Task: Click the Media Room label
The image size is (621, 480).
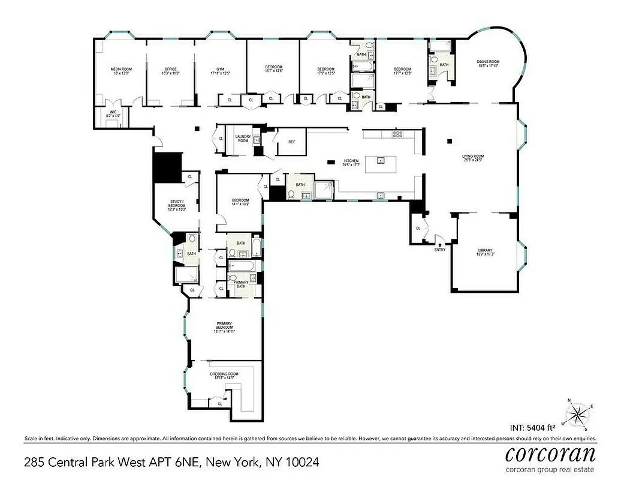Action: (x=121, y=70)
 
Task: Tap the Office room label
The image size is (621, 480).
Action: (x=171, y=70)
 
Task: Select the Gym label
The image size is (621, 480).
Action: (x=221, y=70)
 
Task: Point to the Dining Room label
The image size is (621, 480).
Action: (x=488, y=62)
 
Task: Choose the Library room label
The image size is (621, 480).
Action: (x=485, y=250)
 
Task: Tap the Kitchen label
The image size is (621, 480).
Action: (x=351, y=161)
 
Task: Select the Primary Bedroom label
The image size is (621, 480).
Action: (x=224, y=328)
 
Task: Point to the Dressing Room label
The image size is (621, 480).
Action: (x=224, y=374)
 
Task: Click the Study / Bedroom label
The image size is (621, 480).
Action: (x=177, y=203)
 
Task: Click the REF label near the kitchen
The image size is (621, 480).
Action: (x=292, y=142)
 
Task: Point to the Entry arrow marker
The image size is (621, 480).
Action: (x=440, y=245)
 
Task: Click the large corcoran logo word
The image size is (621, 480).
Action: (x=550, y=451)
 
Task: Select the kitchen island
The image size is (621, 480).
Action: (x=379, y=161)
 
